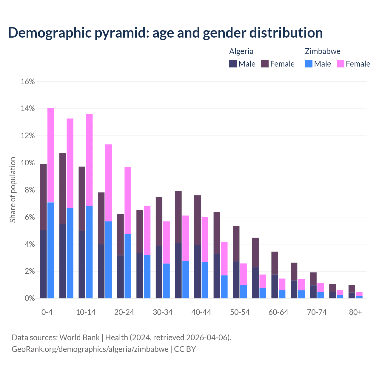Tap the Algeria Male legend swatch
pyautogui.click(x=233, y=64)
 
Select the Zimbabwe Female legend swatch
pyautogui.click(x=341, y=64)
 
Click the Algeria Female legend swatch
pyautogui.click(x=265, y=64)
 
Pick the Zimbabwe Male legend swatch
pyautogui.click(x=309, y=64)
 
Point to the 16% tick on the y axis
pyautogui.click(x=28, y=81)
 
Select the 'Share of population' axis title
pyautogui.click(x=13, y=190)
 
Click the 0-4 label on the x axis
pyautogui.click(x=47, y=312)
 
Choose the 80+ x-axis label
pyautogui.click(x=355, y=312)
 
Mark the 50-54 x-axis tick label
pyautogui.click(x=240, y=312)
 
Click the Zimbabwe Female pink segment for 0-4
pyautogui.click(x=51, y=155)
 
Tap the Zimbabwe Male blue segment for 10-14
pyautogui.click(x=89, y=252)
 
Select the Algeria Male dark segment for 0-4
pyautogui.click(x=43, y=264)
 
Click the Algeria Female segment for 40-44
pyautogui.click(x=198, y=220)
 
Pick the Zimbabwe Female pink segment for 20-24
pyautogui.click(x=128, y=200)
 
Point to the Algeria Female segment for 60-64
pyautogui.click(x=275, y=263)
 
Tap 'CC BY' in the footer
pyautogui.click(x=185, y=349)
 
